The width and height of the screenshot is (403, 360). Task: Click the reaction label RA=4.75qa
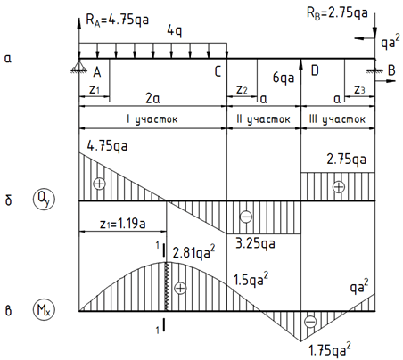pos(117,20)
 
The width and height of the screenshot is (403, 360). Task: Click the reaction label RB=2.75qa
pos(337,13)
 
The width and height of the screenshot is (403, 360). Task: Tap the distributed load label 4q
pos(175,30)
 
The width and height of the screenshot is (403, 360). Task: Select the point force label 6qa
pos(284,78)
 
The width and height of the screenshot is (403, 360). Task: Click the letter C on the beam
pos(218,71)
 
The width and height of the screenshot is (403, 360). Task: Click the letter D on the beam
pos(315,70)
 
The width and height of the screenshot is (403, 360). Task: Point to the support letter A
pos(97,72)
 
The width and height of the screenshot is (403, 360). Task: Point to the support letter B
pos(391,70)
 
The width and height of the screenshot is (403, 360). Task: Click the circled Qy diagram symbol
pos(44,199)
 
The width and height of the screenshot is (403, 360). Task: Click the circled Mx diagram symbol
pos(44,310)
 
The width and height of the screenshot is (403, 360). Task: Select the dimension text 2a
pos(152,98)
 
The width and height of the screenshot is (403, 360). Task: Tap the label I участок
pos(152,119)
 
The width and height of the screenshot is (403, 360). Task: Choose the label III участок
pos(337,119)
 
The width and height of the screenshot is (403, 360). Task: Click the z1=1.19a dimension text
pos(122,224)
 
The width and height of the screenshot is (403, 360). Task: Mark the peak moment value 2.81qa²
pos(193,252)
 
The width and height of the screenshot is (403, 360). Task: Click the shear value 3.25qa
pos(255,244)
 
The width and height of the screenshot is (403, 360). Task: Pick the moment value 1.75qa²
pos(330,349)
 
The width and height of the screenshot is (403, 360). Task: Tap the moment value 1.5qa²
pos(251,279)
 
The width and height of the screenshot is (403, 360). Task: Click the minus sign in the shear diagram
pos(246,217)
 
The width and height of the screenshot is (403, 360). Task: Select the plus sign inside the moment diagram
pos(180,288)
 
